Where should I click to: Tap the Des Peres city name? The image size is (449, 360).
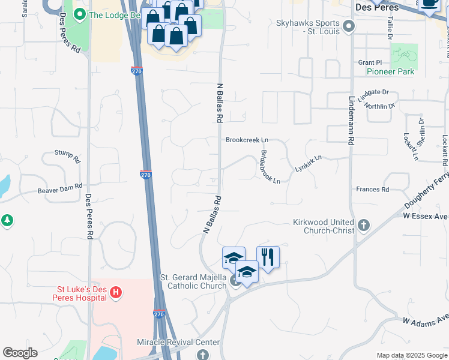377,8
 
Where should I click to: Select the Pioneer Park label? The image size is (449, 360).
390,71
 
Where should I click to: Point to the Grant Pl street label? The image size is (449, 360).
370,62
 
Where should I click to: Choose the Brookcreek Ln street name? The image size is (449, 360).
247,140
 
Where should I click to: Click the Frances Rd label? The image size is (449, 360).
372,190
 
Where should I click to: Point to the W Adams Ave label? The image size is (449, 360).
426,322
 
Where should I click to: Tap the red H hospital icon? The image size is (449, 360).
116,293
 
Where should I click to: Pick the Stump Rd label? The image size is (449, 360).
67,157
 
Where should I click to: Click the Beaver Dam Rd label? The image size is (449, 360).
59,189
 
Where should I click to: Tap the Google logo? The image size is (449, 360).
20,353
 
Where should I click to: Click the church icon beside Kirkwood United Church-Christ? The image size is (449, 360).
363,226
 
